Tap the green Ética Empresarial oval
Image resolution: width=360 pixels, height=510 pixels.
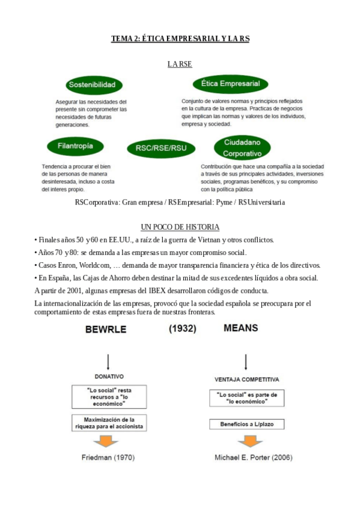pos(230,84)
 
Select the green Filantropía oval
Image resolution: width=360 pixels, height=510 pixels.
pos(75,146)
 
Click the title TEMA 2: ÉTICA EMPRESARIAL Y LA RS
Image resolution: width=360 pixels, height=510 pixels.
pos(180,38)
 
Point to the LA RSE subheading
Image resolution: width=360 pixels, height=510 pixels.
pos(180,63)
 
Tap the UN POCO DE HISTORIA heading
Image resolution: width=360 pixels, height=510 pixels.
pos(180,227)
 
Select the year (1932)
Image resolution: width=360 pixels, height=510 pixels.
pos(181,328)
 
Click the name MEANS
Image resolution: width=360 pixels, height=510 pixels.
pos(240,328)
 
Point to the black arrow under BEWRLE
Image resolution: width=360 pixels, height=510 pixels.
pos(108,361)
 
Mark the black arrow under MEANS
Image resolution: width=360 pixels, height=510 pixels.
pos(246,361)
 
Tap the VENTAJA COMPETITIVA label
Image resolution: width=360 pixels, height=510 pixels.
pos(247,380)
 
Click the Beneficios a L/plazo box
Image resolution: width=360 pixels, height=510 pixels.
pos(247,424)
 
